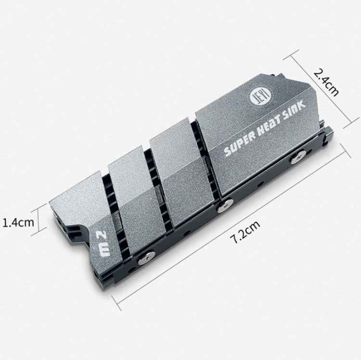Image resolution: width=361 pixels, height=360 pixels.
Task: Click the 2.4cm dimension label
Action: pos(327,82)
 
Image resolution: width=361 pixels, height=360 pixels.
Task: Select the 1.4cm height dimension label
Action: pos(18,222)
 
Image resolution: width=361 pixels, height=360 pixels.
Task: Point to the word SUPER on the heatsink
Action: pos(239,147)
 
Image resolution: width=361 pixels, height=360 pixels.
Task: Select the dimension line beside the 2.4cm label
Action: pos(317,91)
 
